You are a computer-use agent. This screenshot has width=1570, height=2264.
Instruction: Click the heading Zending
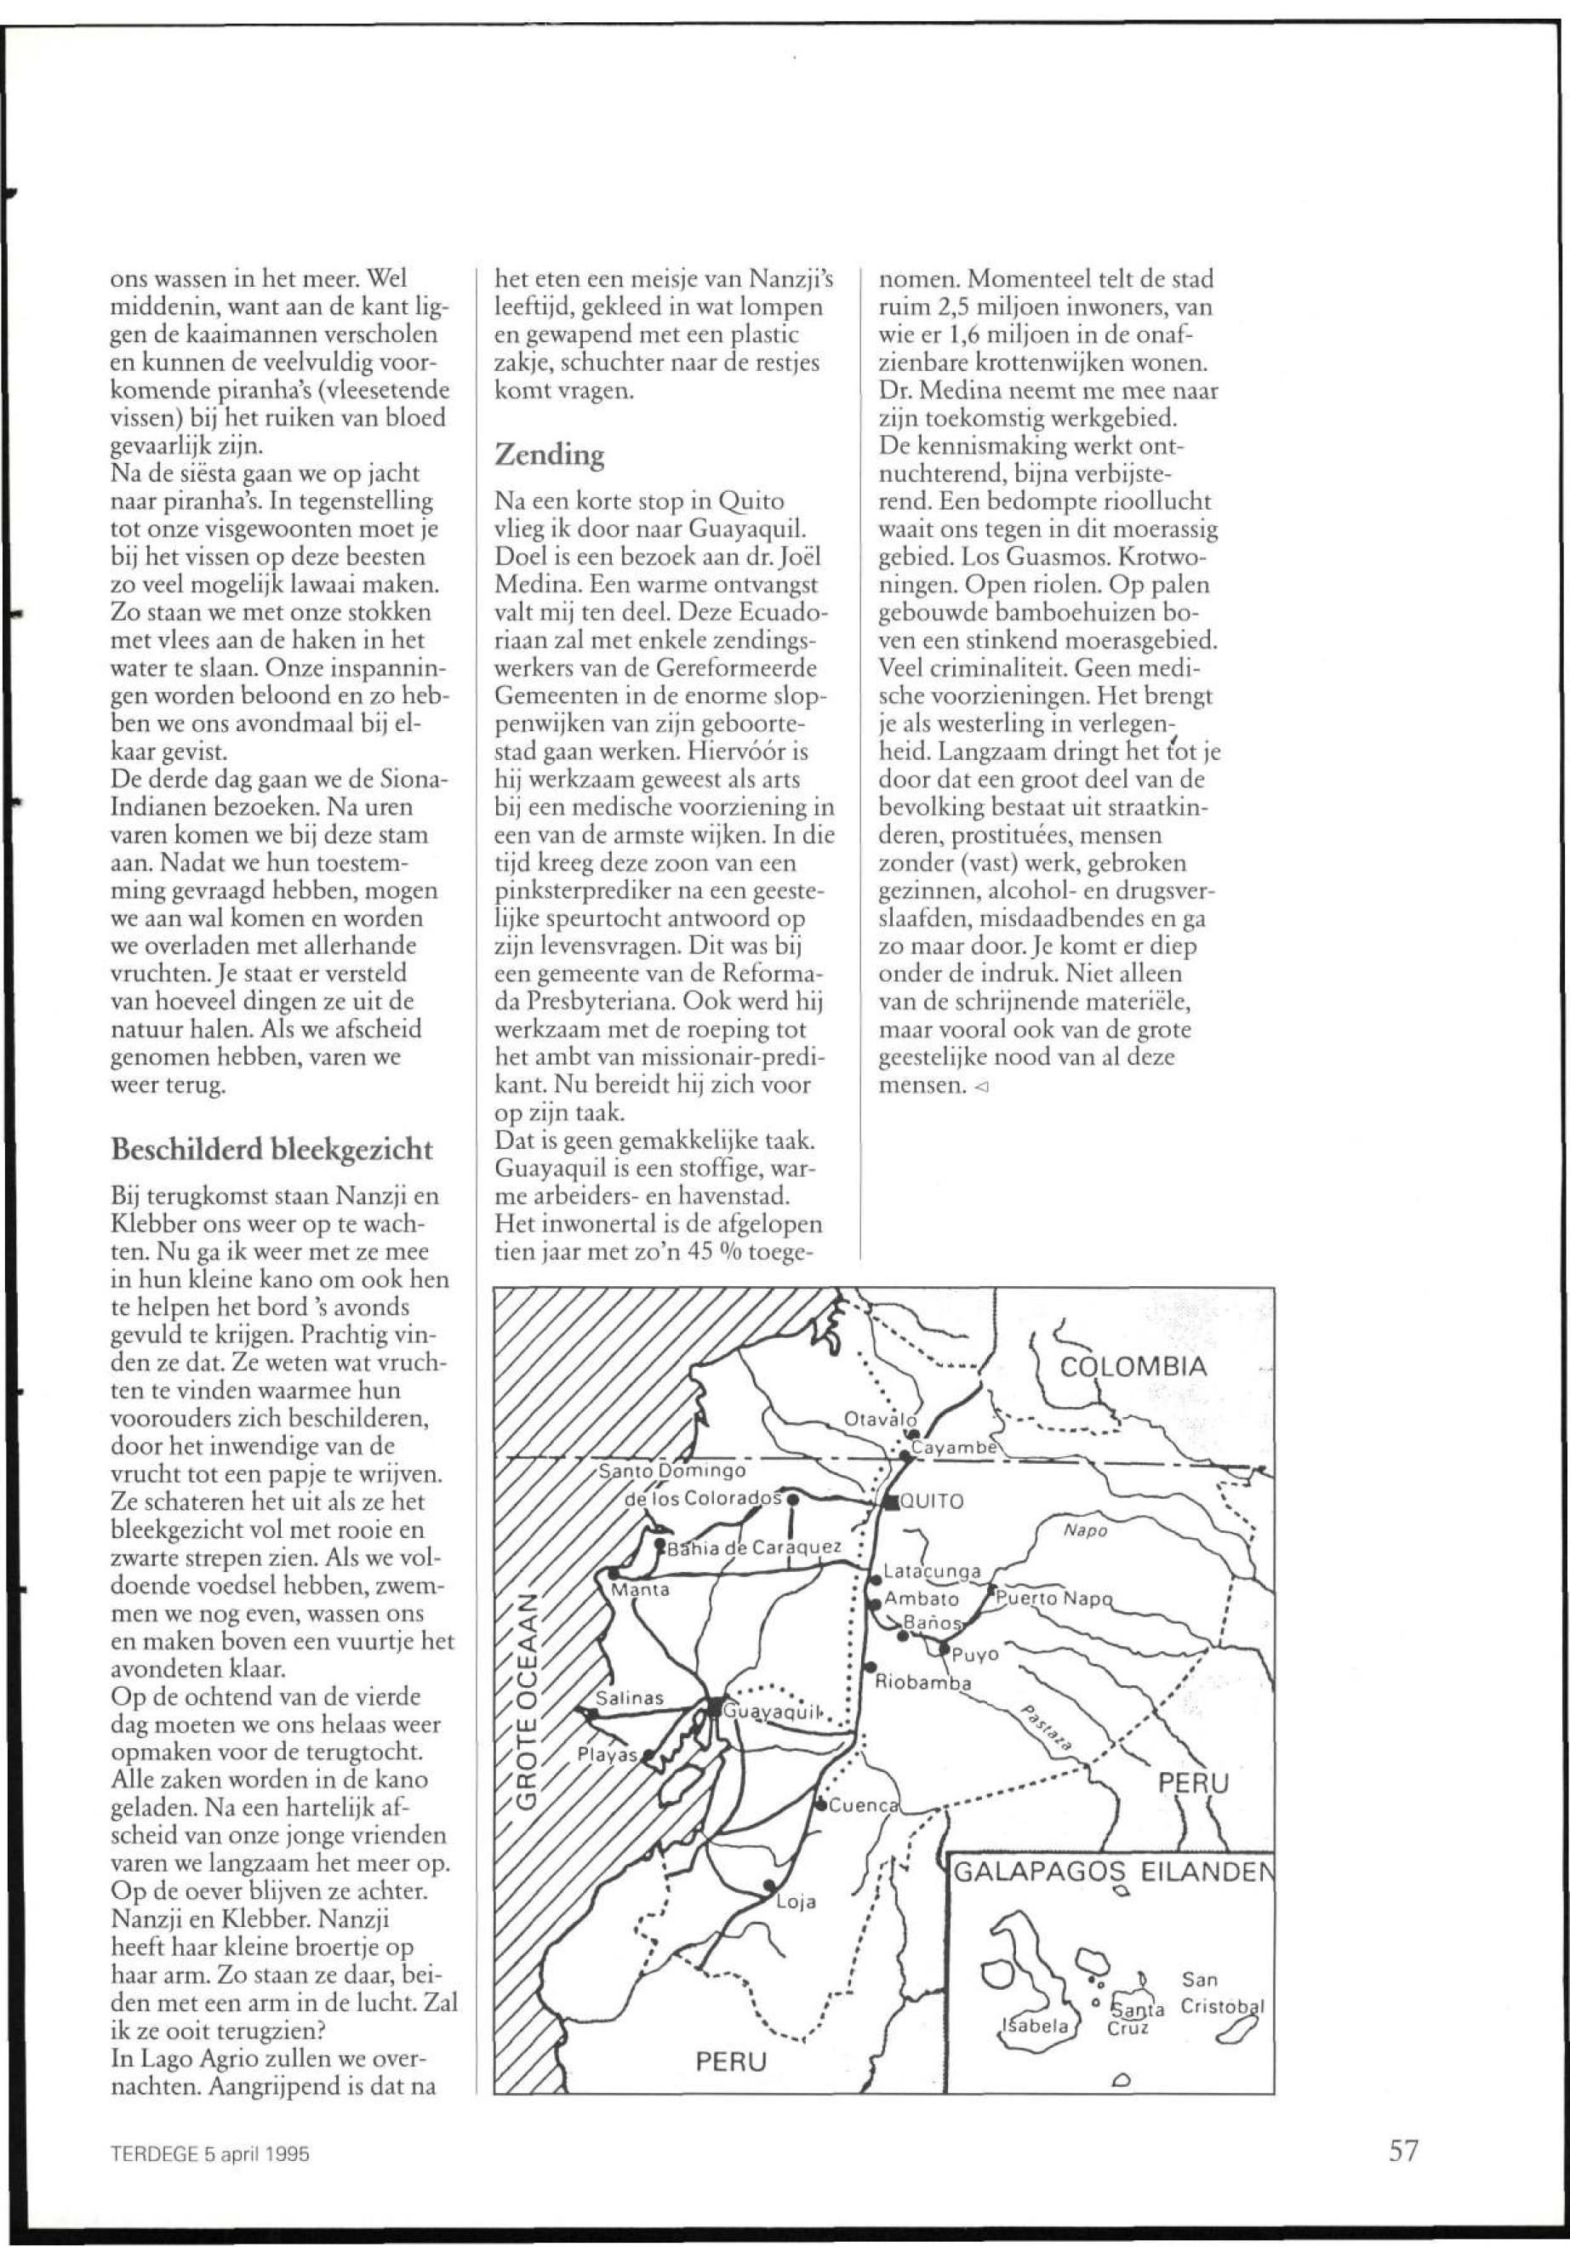[549, 455]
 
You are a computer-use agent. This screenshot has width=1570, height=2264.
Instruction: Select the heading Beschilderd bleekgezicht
[271, 1149]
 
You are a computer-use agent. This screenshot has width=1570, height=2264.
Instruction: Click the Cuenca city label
[863, 1805]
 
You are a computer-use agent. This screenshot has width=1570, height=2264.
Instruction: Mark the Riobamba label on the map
[922, 1682]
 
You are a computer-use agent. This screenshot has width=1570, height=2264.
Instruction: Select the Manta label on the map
[641, 1590]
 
